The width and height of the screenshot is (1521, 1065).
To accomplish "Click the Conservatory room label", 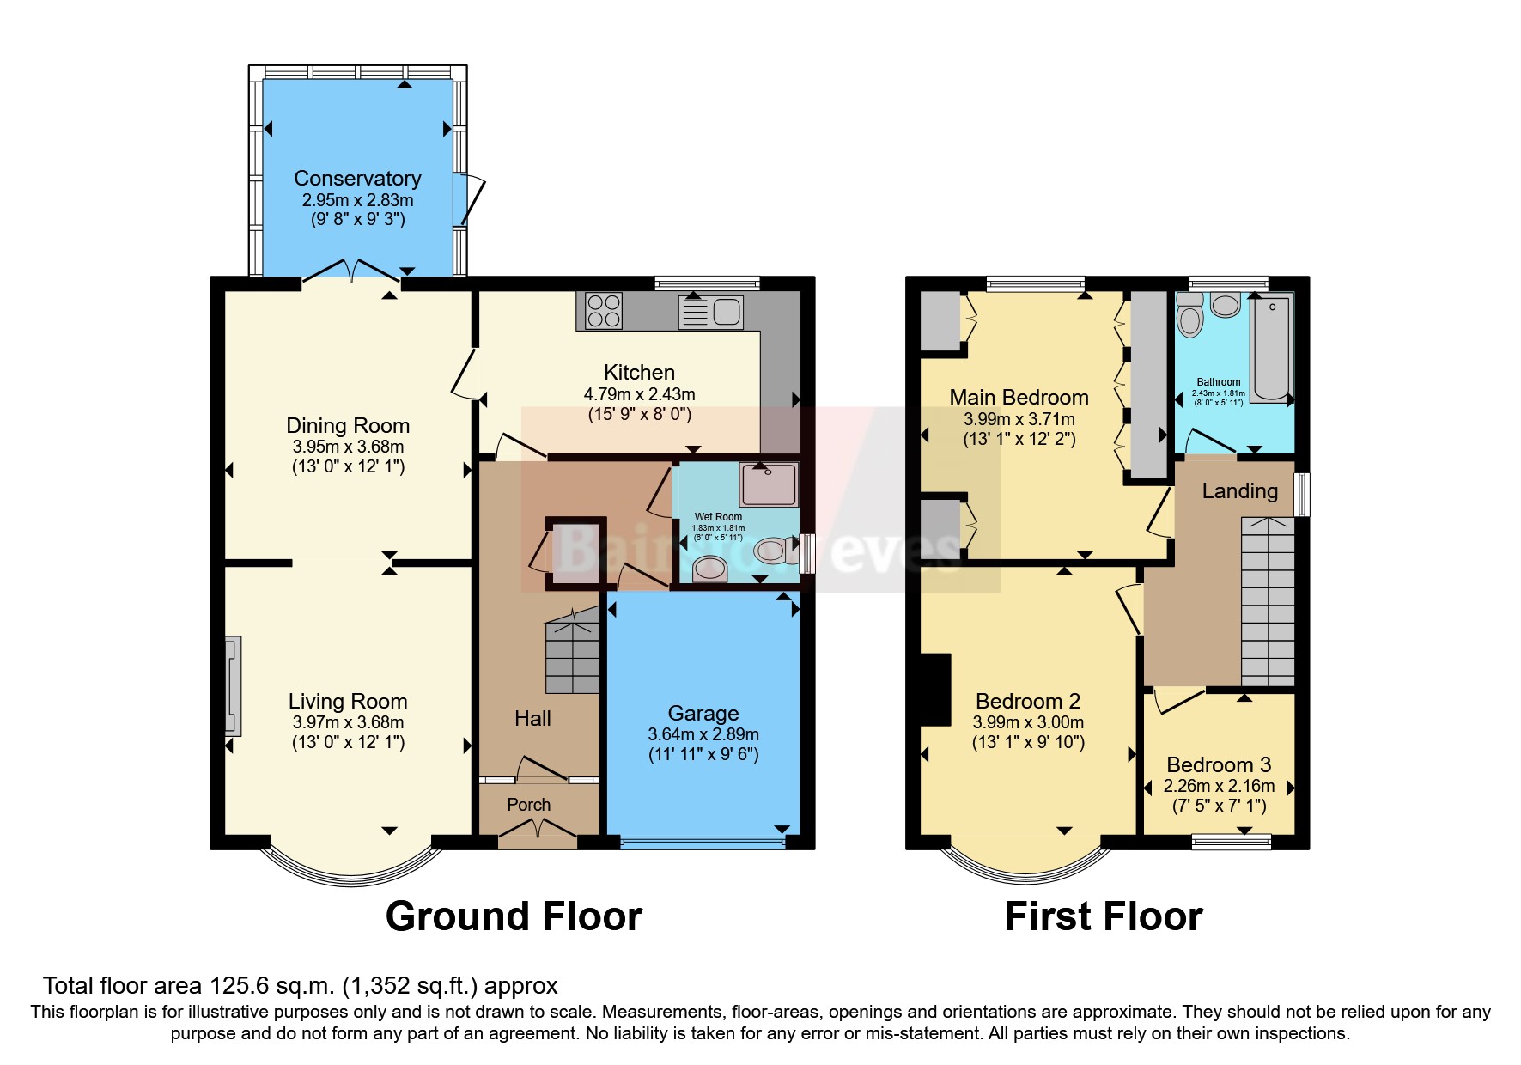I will click(x=357, y=178).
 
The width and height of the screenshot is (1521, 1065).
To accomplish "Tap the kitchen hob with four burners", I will click(x=603, y=311).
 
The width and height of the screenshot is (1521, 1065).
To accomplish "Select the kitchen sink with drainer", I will click(x=710, y=311).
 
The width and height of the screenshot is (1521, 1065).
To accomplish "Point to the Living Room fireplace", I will click(x=232, y=685).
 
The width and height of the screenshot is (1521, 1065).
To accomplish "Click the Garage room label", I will click(x=703, y=713).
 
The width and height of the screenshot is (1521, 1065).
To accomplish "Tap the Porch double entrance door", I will click(x=538, y=828).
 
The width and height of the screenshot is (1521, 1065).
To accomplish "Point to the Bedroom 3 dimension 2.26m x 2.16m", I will click(x=1219, y=786).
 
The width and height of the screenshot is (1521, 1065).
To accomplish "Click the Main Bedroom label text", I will click(x=1019, y=397).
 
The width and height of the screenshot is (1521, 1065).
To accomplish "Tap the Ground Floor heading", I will click(x=514, y=916).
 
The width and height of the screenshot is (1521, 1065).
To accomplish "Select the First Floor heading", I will click(x=1103, y=916).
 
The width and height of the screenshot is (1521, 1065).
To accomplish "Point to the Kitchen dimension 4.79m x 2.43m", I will click(x=639, y=394).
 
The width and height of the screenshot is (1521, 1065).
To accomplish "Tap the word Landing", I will click(x=1239, y=490).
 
